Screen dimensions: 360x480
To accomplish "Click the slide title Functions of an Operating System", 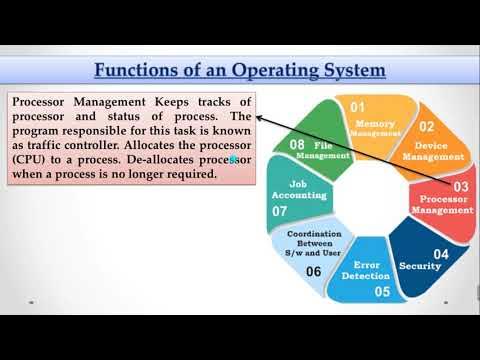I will [x=239, y=72].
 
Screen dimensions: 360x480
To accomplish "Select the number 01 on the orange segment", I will [x=358, y=105].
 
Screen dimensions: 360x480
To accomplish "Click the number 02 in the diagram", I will [x=426, y=127].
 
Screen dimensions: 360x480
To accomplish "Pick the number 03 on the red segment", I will [x=461, y=187].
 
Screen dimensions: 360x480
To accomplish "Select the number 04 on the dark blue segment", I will [x=440, y=254].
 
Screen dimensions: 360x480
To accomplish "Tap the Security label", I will [x=420, y=267].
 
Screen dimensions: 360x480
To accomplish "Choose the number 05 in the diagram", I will [x=382, y=292].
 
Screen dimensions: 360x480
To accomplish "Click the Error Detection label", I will [x=365, y=269].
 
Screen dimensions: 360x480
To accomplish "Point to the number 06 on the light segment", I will [x=313, y=271].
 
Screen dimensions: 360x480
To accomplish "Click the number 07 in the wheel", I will [x=279, y=212].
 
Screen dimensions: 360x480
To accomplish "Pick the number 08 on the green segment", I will [x=297, y=145].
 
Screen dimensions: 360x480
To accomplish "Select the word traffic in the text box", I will [x=48, y=144].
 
